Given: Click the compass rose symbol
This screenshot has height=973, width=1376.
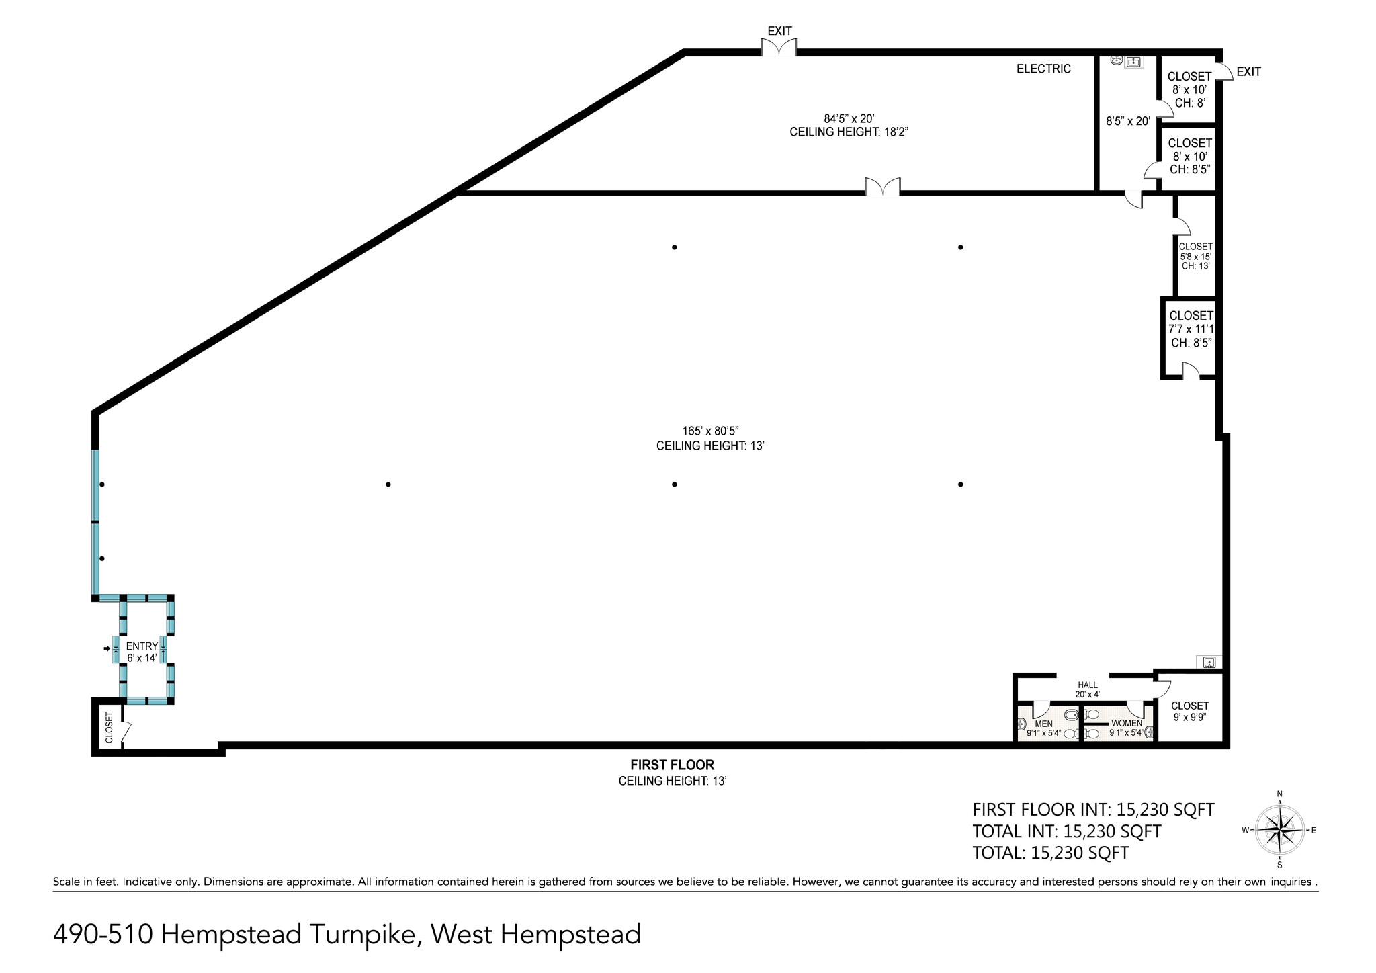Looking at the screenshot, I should click(1279, 831).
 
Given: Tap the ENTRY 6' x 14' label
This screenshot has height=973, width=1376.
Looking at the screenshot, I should click(142, 652).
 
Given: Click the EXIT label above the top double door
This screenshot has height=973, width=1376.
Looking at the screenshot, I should click(779, 31).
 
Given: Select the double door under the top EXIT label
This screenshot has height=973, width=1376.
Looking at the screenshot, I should click(779, 48).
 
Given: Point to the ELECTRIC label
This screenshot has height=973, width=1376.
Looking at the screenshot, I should click(1043, 69).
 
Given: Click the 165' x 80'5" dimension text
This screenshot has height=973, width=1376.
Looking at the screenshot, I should click(710, 431).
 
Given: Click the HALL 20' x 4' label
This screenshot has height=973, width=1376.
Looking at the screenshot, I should click(1087, 689).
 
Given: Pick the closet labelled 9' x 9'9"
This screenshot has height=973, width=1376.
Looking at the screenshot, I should click(1189, 711).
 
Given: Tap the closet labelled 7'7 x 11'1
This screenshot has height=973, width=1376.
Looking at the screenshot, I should click(1191, 329).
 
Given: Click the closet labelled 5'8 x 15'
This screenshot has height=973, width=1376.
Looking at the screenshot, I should click(1195, 256).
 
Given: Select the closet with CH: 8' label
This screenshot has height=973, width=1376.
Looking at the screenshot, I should click(1190, 89).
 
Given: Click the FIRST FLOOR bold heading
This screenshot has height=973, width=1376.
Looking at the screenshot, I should click(672, 765).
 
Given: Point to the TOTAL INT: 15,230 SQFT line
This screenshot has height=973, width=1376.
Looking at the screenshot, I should click(1066, 831).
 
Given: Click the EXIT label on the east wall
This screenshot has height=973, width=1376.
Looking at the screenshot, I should click(1248, 71).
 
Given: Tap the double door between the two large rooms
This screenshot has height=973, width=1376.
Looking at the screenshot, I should click(882, 187).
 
